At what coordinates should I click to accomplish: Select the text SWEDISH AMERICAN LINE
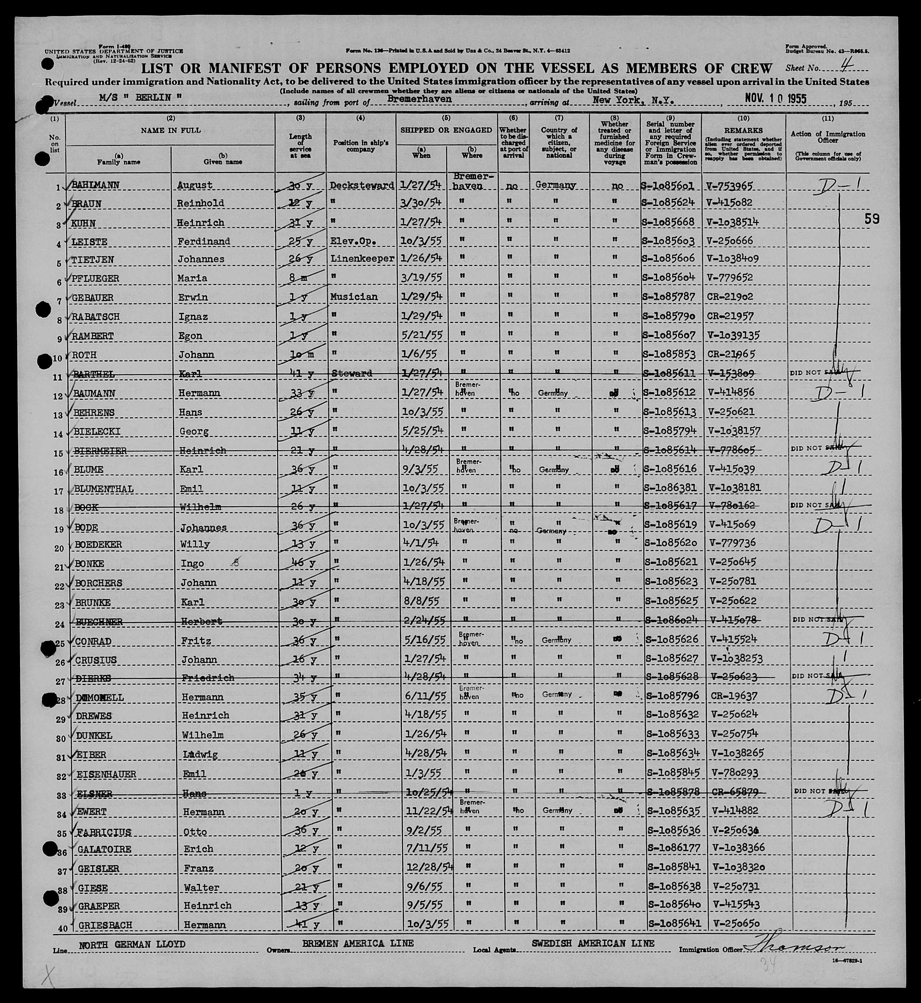point(593,944)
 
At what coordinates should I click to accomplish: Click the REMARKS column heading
point(743,130)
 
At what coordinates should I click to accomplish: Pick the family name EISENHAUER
point(106,774)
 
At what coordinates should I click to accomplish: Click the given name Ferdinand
point(203,241)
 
